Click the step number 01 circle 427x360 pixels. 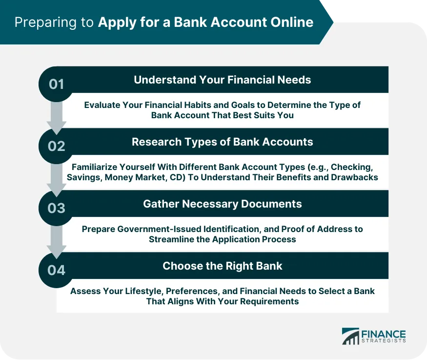(x=57, y=84)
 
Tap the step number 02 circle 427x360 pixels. (x=57, y=146)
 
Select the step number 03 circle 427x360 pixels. (x=57, y=208)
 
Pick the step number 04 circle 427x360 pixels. (x=57, y=270)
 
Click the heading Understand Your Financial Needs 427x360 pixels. (x=222, y=80)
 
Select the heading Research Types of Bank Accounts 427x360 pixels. (x=222, y=142)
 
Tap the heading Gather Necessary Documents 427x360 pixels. (x=222, y=204)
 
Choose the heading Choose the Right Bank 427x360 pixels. (x=222, y=266)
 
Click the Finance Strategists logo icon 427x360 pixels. (x=350, y=337)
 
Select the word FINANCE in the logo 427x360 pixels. (x=384, y=334)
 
